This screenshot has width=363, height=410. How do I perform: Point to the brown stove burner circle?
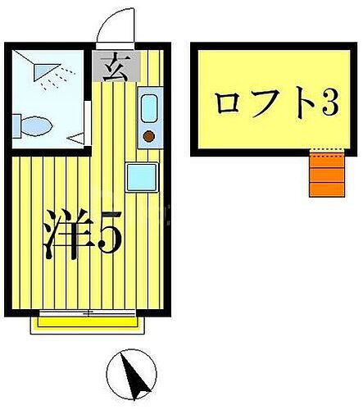149,134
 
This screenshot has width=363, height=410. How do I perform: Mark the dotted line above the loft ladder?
323,153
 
